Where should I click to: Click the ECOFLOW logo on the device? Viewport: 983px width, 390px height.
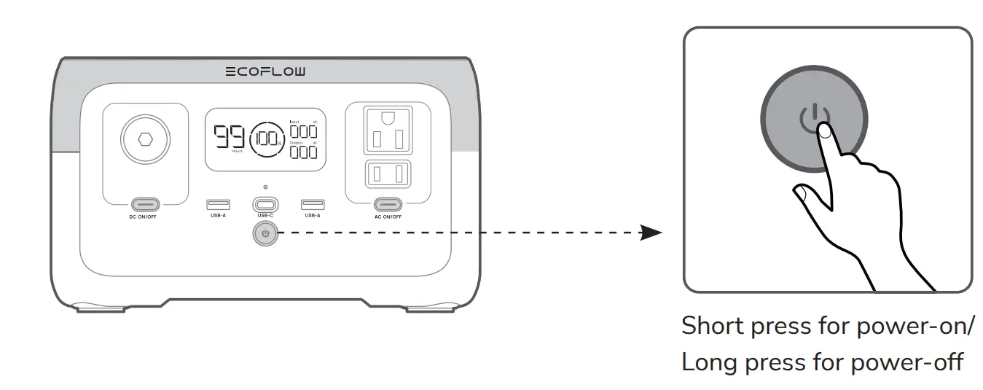click(x=265, y=71)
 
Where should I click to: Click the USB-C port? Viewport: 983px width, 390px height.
click(x=265, y=205)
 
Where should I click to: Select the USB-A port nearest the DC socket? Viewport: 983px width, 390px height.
click(x=218, y=205)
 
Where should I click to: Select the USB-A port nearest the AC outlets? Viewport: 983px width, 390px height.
click(x=313, y=205)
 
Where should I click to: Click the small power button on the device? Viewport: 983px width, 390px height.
click(x=265, y=234)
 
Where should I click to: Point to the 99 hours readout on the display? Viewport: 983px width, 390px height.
click(x=230, y=137)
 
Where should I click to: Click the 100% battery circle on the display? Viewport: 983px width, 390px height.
click(x=266, y=138)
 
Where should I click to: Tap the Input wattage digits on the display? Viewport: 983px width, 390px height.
click(x=304, y=130)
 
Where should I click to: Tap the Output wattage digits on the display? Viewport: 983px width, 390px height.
click(x=304, y=152)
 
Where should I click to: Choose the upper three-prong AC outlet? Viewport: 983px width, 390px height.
click(x=389, y=129)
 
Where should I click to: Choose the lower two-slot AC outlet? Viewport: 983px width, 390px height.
click(x=389, y=173)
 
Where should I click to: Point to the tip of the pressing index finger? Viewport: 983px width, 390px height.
click(x=824, y=130)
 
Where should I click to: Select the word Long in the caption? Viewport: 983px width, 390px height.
click(x=709, y=362)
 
